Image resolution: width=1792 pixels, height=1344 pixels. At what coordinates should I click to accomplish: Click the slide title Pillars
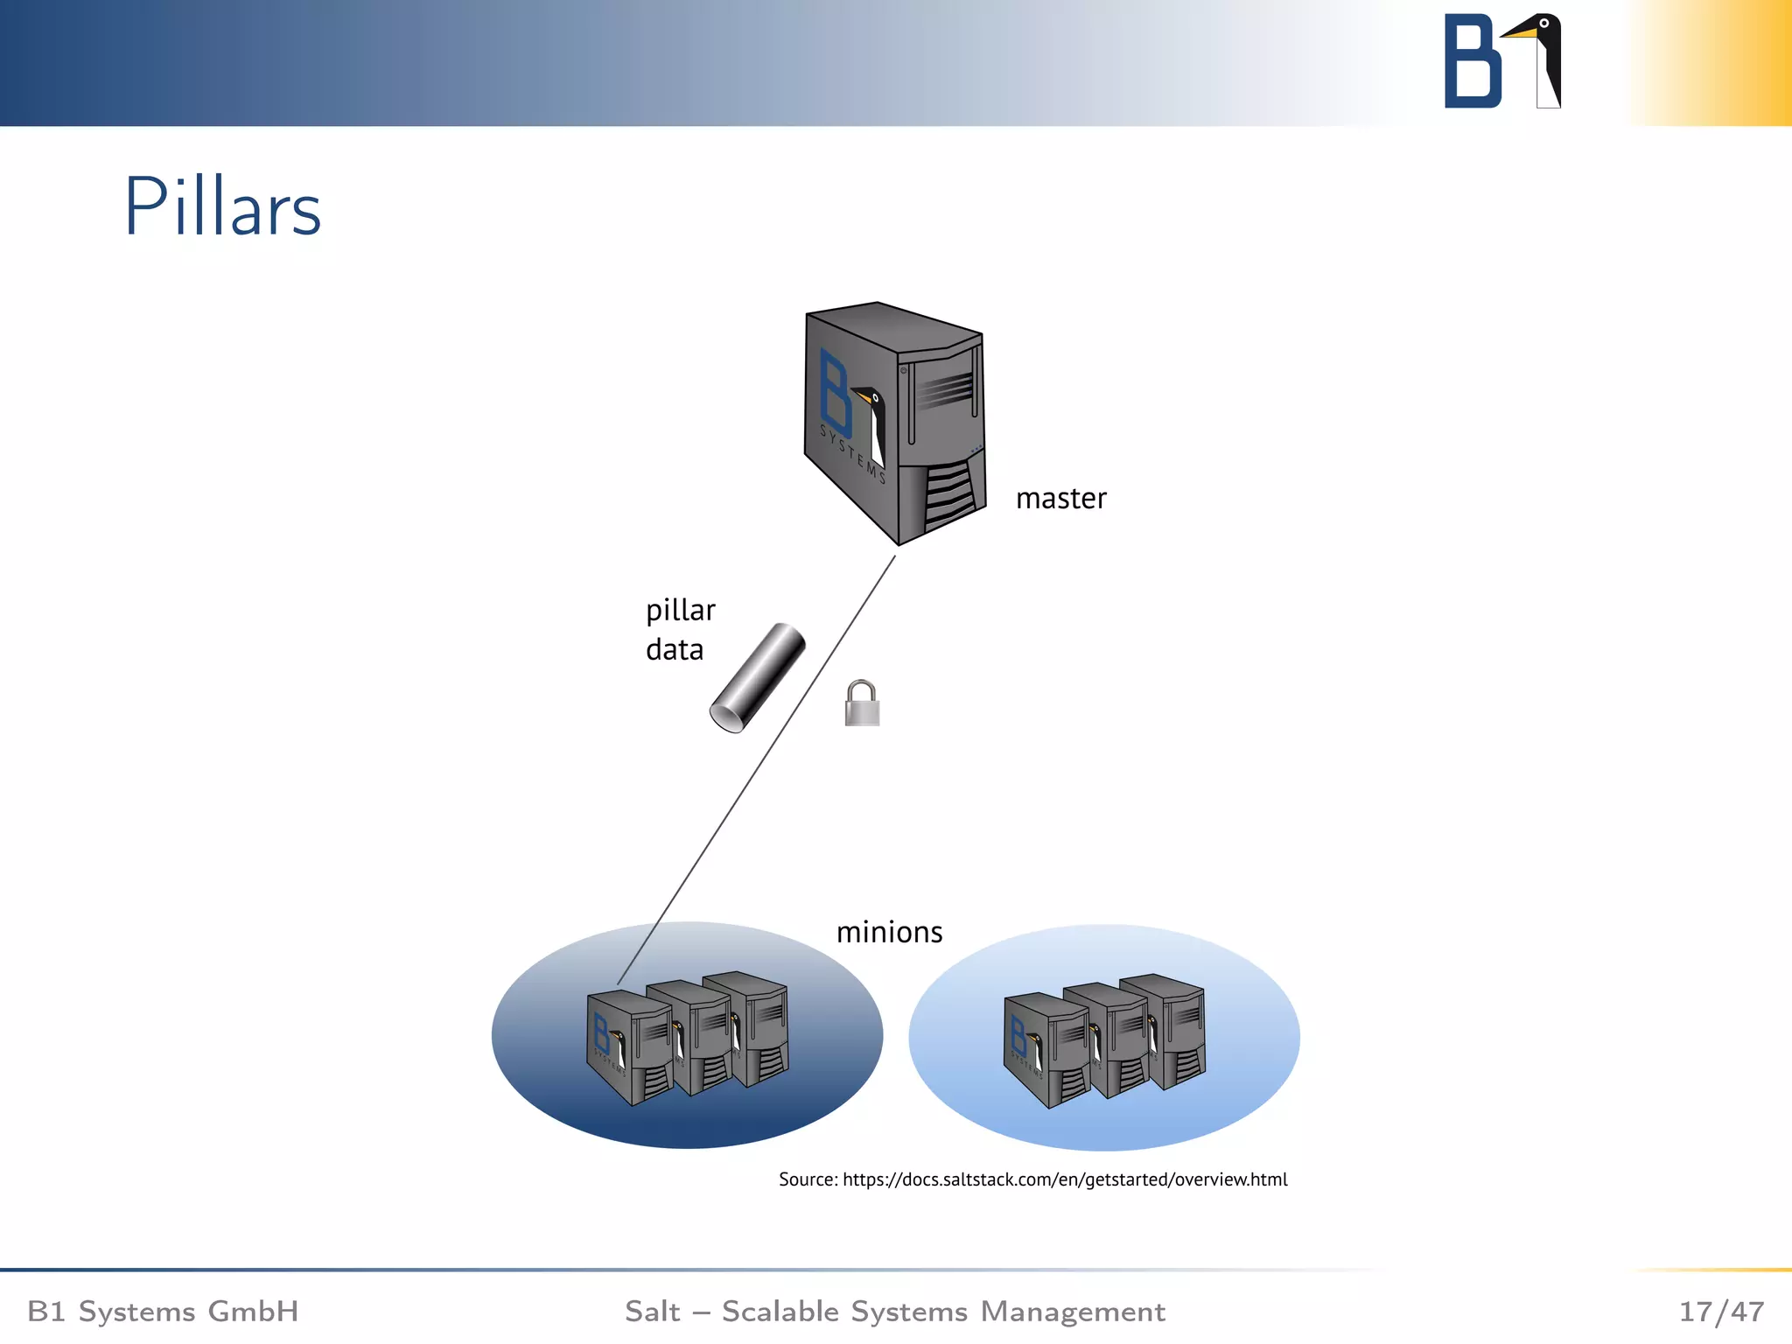click(x=223, y=207)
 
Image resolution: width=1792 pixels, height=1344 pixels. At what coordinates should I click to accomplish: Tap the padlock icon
click(x=862, y=704)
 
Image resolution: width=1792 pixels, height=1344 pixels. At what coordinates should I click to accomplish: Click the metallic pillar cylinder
click(x=758, y=678)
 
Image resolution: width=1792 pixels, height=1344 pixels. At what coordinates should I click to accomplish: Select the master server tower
click(x=894, y=423)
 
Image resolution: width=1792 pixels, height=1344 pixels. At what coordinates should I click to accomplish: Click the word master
click(x=1060, y=499)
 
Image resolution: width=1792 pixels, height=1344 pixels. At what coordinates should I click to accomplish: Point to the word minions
click(x=889, y=933)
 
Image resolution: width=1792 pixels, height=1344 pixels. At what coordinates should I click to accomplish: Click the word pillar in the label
click(x=680, y=611)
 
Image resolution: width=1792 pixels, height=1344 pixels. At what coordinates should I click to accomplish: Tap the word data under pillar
click(x=674, y=650)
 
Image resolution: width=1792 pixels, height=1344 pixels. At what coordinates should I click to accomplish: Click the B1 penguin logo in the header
click(x=1502, y=61)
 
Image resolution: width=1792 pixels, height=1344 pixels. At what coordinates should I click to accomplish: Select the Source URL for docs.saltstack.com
click(x=1064, y=1179)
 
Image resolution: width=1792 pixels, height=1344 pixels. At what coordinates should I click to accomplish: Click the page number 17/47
click(x=1721, y=1312)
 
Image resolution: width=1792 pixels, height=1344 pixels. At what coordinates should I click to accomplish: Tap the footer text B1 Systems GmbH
click(x=163, y=1312)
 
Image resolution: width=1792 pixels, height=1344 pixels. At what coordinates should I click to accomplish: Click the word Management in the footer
click(x=1073, y=1312)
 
